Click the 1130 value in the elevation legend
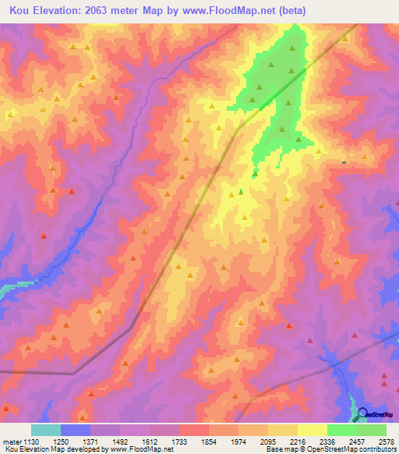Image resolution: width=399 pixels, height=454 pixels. click(30, 441)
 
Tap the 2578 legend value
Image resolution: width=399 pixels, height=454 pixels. click(386, 441)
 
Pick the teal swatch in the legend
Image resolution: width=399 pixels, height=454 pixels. click(45, 430)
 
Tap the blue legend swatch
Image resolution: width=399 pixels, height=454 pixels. click(75, 430)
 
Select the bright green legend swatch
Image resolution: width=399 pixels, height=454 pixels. click(341, 430)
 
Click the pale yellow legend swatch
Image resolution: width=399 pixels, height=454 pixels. click(312, 430)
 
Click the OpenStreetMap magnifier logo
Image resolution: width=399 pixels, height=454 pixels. click(362, 414)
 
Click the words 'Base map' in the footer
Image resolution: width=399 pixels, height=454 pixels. click(279, 449)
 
